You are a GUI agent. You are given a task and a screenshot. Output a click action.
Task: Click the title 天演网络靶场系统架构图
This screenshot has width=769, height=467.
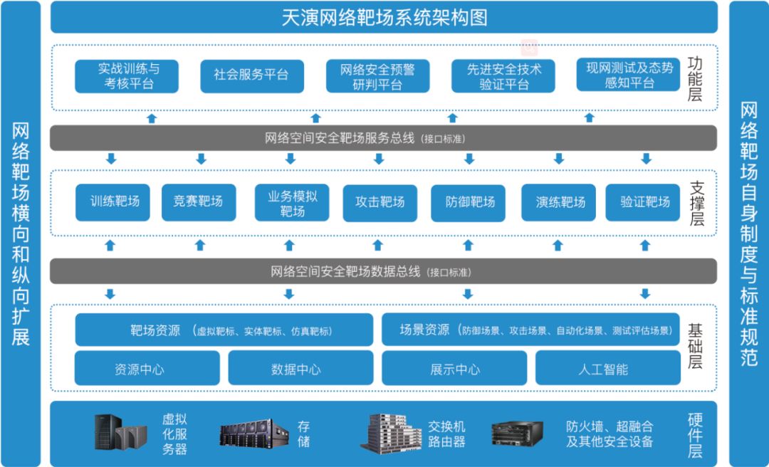[384, 17]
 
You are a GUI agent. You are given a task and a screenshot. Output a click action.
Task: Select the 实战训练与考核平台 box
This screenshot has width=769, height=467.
[127, 76]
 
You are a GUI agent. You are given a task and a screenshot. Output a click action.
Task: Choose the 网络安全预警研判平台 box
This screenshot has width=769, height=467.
[377, 77]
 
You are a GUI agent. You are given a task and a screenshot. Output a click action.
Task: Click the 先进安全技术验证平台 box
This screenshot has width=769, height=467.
[503, 77]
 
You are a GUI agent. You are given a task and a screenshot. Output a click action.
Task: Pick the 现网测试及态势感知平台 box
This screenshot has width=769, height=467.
[629, 75]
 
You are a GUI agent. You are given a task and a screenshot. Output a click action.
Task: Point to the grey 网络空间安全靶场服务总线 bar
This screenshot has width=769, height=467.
[383, 137]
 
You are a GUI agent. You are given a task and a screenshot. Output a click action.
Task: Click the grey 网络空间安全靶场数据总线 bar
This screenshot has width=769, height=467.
[383, 271]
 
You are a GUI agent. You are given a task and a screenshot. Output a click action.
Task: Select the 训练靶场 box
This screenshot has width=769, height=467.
[115, 202]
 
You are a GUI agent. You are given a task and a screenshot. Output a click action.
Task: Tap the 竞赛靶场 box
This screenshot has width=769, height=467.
[197, 202]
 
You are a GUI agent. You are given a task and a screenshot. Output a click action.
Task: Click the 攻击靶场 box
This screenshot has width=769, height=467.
[380, 202]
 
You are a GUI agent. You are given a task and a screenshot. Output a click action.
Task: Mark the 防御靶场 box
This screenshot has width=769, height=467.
[469, 202]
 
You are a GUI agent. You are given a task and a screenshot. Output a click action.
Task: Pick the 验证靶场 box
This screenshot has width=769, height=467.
[645, 202]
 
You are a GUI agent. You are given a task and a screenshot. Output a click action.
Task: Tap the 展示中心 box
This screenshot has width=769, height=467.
[454, 369]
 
